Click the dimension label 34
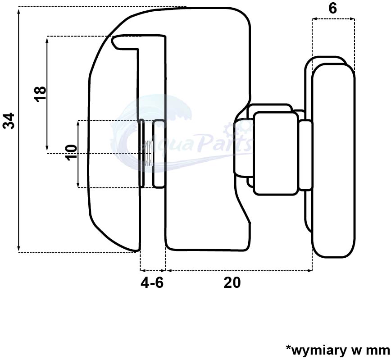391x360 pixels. point(9,121)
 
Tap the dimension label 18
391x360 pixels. point(41,94)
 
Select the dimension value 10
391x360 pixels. point(71,152)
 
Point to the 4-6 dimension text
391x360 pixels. point(152,283)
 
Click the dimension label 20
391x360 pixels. point(232,283)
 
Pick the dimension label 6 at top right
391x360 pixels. point(332,9)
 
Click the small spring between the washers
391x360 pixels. point(149,153)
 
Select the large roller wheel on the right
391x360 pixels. point(333,160)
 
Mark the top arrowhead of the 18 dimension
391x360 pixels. point(47,39)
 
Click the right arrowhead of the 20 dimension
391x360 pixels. point(310,270)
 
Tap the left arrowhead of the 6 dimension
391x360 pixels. point(315,18)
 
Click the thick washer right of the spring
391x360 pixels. point(159,154)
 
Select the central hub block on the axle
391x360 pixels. point(276,153)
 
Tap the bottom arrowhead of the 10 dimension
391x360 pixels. point(78,185)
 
